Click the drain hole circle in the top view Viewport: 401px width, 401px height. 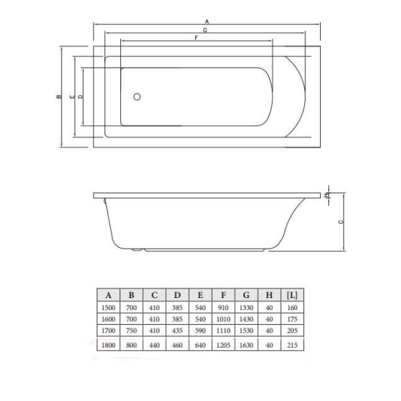tap(137, 97)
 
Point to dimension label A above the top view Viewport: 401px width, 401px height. tap(207, 22)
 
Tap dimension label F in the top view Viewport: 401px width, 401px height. tap(196, 39)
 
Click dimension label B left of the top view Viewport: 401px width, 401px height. tap(59, 97)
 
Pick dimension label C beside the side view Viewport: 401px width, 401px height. tap(340, 222)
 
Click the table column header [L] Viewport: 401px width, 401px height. tap(292, 294)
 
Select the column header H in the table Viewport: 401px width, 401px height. tap(269, 294)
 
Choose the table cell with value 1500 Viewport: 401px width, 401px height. tap(108, 307)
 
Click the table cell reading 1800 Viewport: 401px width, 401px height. tap(108, 345)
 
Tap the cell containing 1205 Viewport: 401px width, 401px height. tap(223, 345)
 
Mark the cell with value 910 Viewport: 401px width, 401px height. tap(223, 307)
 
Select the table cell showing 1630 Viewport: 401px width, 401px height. tap(246, 345)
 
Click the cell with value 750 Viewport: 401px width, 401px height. tap(132, 330)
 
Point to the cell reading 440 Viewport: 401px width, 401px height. tap(154, 345)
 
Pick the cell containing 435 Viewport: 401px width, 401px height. tap(177, 330)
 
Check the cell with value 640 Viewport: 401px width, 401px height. tap(200, 345)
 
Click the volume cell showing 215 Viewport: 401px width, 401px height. tap(292, 345)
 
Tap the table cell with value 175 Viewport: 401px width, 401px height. tap(292, 319)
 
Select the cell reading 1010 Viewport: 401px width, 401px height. tap(223, 319)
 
